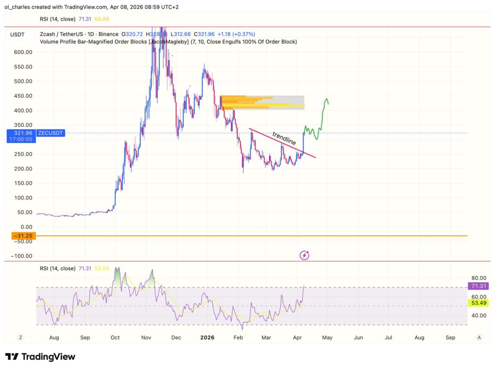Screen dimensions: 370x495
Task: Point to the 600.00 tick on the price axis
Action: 23,52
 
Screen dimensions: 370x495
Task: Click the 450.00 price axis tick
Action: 23,96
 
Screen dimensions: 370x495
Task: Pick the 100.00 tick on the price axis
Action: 23,198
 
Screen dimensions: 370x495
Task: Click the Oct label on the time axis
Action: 116,337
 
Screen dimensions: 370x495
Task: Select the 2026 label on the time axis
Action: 207,337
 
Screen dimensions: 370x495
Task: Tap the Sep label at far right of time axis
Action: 451,337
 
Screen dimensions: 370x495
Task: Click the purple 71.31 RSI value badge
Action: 479,286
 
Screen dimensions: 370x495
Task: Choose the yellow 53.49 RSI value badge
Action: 479,303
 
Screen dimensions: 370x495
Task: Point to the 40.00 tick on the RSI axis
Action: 479,315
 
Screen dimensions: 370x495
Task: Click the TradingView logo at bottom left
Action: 40,357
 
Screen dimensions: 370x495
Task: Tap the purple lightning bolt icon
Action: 305,255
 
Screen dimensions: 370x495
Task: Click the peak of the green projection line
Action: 326,98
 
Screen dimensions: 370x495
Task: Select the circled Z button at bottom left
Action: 20,337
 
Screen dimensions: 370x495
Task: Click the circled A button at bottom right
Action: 479,337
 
